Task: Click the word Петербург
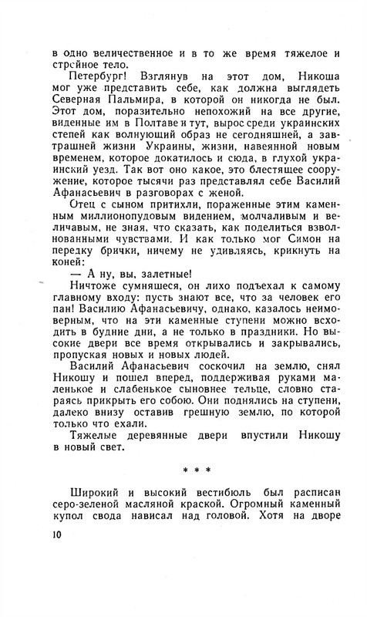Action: (96, 79)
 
